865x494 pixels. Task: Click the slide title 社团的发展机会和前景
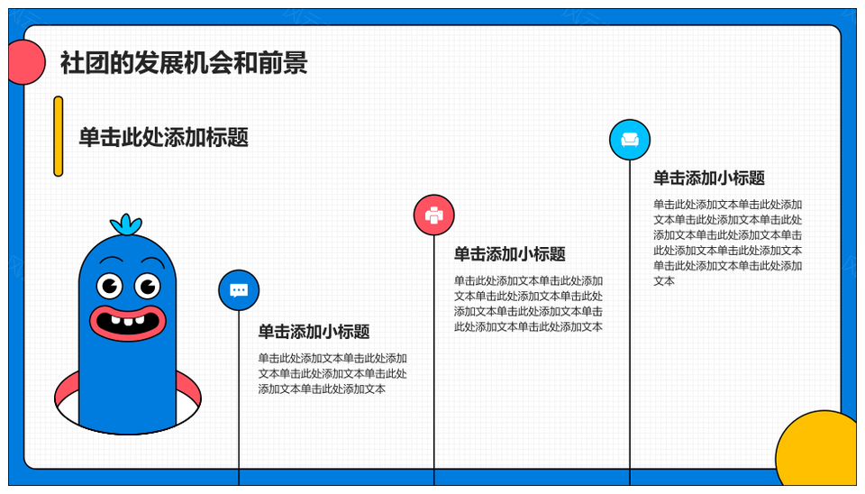click(x=184, y=62)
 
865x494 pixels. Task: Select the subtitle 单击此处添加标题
click(x=163, y=137)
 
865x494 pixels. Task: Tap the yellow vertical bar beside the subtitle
click(x=58, y=136)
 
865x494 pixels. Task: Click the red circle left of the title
click(x=26, y=62)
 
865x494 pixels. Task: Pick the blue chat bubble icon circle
click(x=239, y=290)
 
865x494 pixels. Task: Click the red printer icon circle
click(x=434, y=215)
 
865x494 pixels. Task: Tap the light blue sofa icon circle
click(x=630, y=140)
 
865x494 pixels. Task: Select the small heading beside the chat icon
click(x=314, y=332)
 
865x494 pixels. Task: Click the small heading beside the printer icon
click(x=510, y=254)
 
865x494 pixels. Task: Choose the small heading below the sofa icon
click(x=709, y=178)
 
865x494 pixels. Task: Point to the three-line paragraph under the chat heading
click(x=332, y=374)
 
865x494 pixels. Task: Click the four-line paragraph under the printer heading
click(x=529, y=304)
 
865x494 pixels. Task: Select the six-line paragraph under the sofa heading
click(x=728, y=242)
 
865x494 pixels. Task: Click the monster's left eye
click(x=110, y=286)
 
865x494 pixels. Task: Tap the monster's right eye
click(x=147, y=286)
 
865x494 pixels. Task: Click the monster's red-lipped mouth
click(x=127, y=323)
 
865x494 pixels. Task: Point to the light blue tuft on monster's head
click(x=126, y=224)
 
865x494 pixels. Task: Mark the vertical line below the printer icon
click(x=434, y=361)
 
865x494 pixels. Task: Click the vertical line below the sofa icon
click(x=630, y=323)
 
